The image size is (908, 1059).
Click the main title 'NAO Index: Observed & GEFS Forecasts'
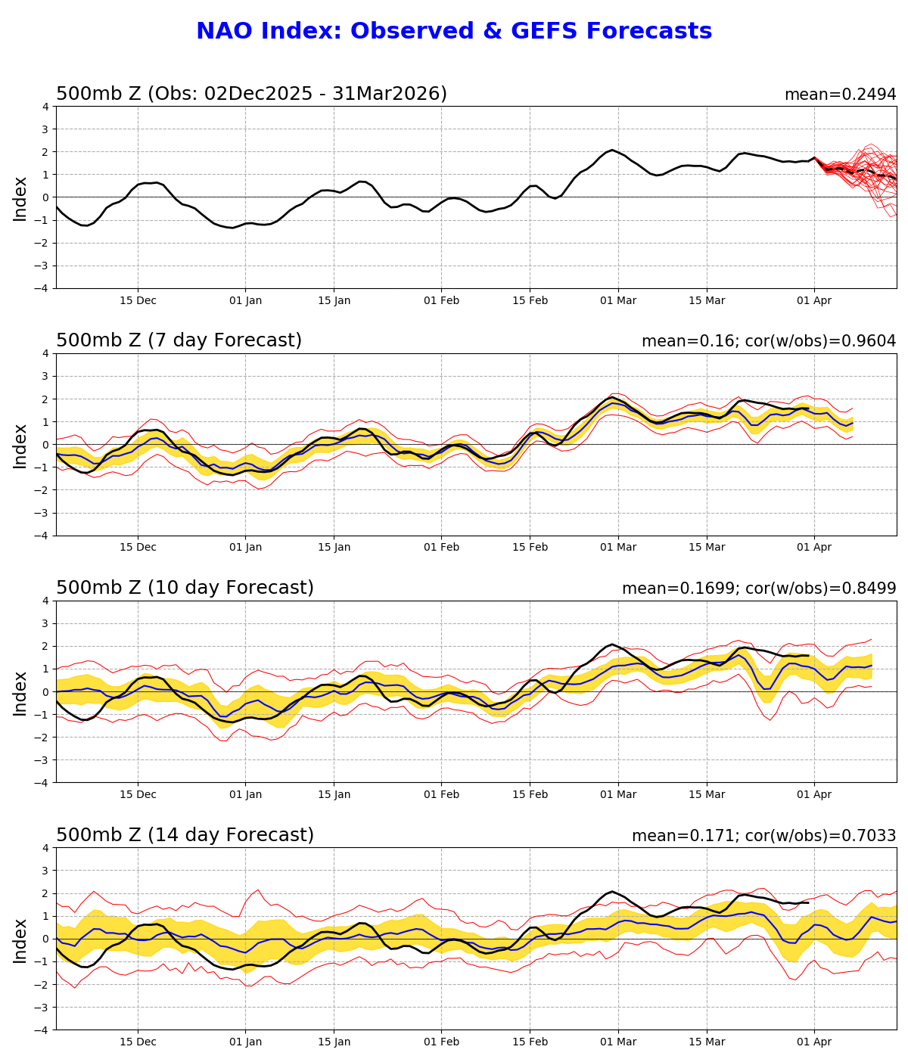click(x=454, y=32)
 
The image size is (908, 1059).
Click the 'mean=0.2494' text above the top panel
click(x=840, y=95)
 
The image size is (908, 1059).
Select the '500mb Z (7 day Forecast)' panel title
click(x=179, y=340)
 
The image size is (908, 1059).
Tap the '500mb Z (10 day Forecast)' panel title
click(x=185, y=588)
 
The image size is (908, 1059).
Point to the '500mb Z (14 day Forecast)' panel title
click(x=185, y=835)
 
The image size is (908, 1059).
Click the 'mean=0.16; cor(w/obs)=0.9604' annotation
click(x=769, y=341)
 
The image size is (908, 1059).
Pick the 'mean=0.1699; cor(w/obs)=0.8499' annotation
click(x=759, y=589)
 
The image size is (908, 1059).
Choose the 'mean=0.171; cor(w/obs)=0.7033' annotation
click(x=763, y=836)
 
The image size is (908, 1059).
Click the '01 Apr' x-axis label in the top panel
click(x=814, y=300)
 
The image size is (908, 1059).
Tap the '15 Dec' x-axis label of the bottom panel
click(x=138, y=1042)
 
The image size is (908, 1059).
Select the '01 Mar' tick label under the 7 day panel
click(x=618, y=548)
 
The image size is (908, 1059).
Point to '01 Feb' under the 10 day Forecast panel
click(x=441, y=795)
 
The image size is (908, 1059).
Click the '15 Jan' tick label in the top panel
click(x=334, y=300)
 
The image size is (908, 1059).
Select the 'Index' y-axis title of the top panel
click(x=20, y=198)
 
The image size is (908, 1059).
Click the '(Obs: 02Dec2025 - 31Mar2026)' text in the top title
click(x=297, y=94)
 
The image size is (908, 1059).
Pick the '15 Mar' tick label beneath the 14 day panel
click(x=707, y=1042)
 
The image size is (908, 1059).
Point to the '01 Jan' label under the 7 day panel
click(x=245, y=548)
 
